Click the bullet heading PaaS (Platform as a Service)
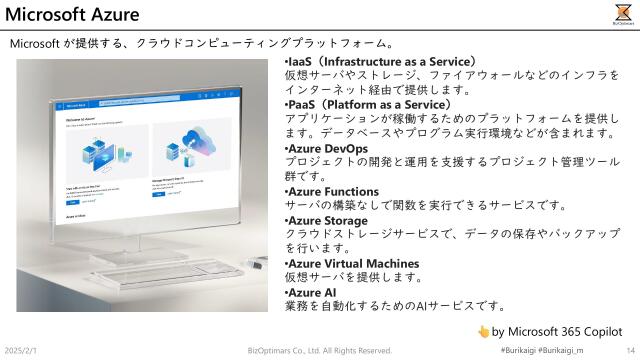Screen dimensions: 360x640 [x=368, y=104]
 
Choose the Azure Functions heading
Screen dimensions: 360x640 [x=334, y=190]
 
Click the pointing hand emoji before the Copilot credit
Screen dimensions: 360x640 [x=482, y=330]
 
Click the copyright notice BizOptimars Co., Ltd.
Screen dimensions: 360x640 [x=320, y=351]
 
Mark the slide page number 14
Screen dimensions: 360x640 [x=630, y=351]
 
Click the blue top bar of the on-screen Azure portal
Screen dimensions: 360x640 [x=150, y=104]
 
